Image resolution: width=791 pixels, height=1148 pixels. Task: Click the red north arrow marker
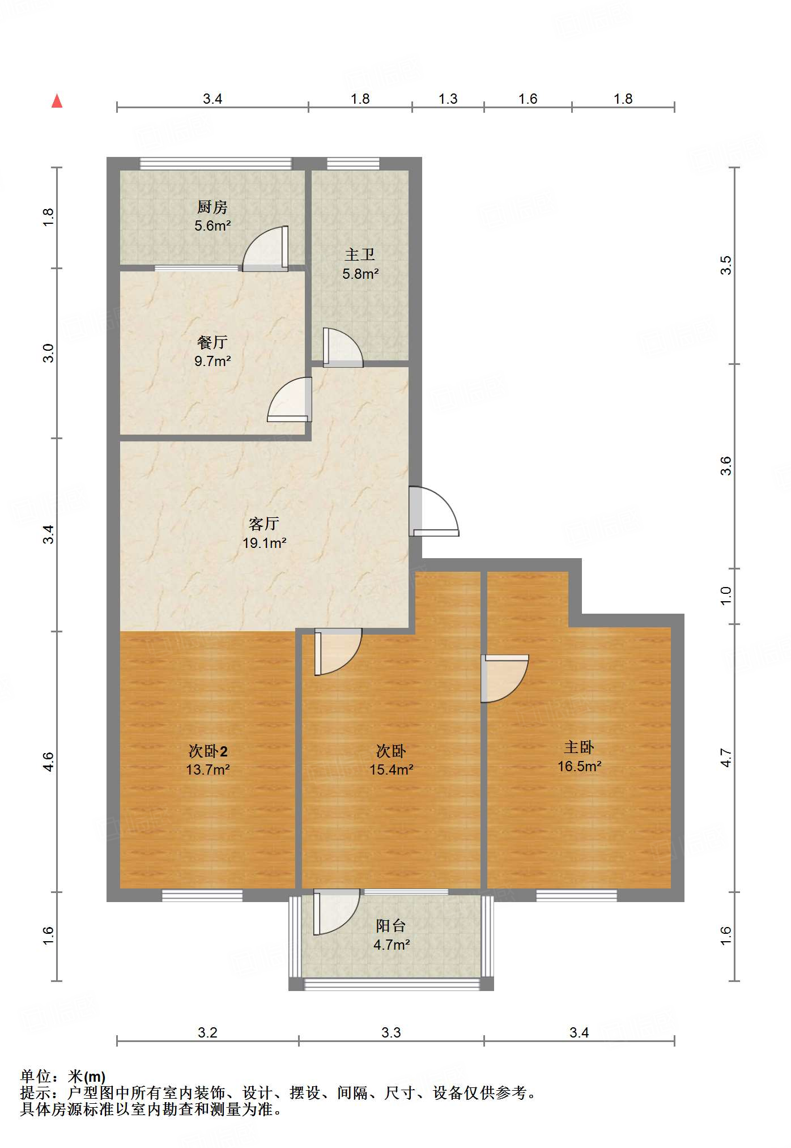tap(57, 101)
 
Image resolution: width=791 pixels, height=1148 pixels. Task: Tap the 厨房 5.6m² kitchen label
tap(212, 216)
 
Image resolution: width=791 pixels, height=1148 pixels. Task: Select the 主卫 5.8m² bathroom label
tap(360, 265)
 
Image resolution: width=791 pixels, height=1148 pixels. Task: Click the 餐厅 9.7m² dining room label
tap(212, 351)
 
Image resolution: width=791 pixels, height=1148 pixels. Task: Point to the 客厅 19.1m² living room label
tap(264, 533)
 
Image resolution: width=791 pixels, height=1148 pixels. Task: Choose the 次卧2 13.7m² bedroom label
tap(208, 760)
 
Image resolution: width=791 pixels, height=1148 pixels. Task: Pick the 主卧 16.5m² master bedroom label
tap(579, 756)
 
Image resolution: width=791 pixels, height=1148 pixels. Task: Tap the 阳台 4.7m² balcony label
tap(391, 935)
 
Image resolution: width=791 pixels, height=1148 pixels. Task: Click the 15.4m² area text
tap(391, 769)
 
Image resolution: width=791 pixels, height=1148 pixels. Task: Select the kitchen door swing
tap(266, 248)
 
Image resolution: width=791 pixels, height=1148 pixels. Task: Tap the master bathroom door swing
tap(343, 347)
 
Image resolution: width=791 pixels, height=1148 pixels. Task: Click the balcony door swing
tap(337, 912)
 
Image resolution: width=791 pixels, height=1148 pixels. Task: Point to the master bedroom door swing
tap(505, 679)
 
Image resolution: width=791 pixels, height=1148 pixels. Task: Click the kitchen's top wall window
tap(215, 164)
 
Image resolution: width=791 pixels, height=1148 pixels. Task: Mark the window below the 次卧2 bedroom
tap(202, 895)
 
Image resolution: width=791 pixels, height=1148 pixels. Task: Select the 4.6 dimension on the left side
tap(49, 762)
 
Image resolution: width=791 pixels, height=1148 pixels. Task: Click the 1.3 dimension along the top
tap(448, 99)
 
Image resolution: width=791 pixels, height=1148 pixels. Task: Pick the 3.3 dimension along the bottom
tap(391, 1032)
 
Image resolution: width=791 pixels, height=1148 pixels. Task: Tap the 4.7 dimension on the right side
tap(726, 758)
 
